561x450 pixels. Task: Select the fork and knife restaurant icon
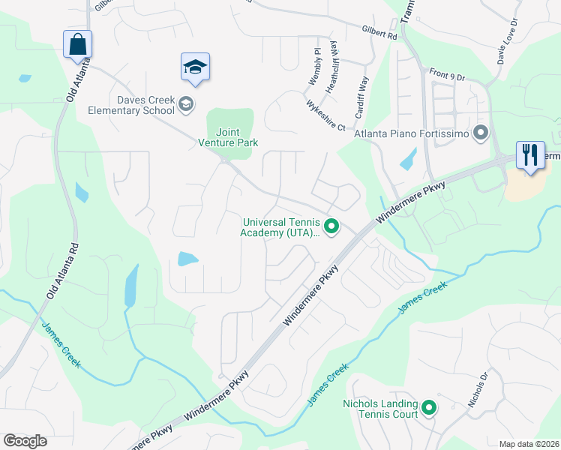click(x=530, y=155)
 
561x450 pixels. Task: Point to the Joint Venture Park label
click(x=228, y=136)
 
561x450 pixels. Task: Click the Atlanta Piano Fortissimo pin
click(x=481, y=133)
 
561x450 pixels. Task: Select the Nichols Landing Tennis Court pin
click(x=429, y=408)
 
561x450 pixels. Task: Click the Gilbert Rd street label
click(x=379, y=34)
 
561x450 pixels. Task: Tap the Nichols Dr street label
click(x=478, y=390)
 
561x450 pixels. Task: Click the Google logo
click(x=25, y=441)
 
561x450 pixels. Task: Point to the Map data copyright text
click(x=529, y=444)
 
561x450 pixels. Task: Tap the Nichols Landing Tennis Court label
click(x=380, y=409)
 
